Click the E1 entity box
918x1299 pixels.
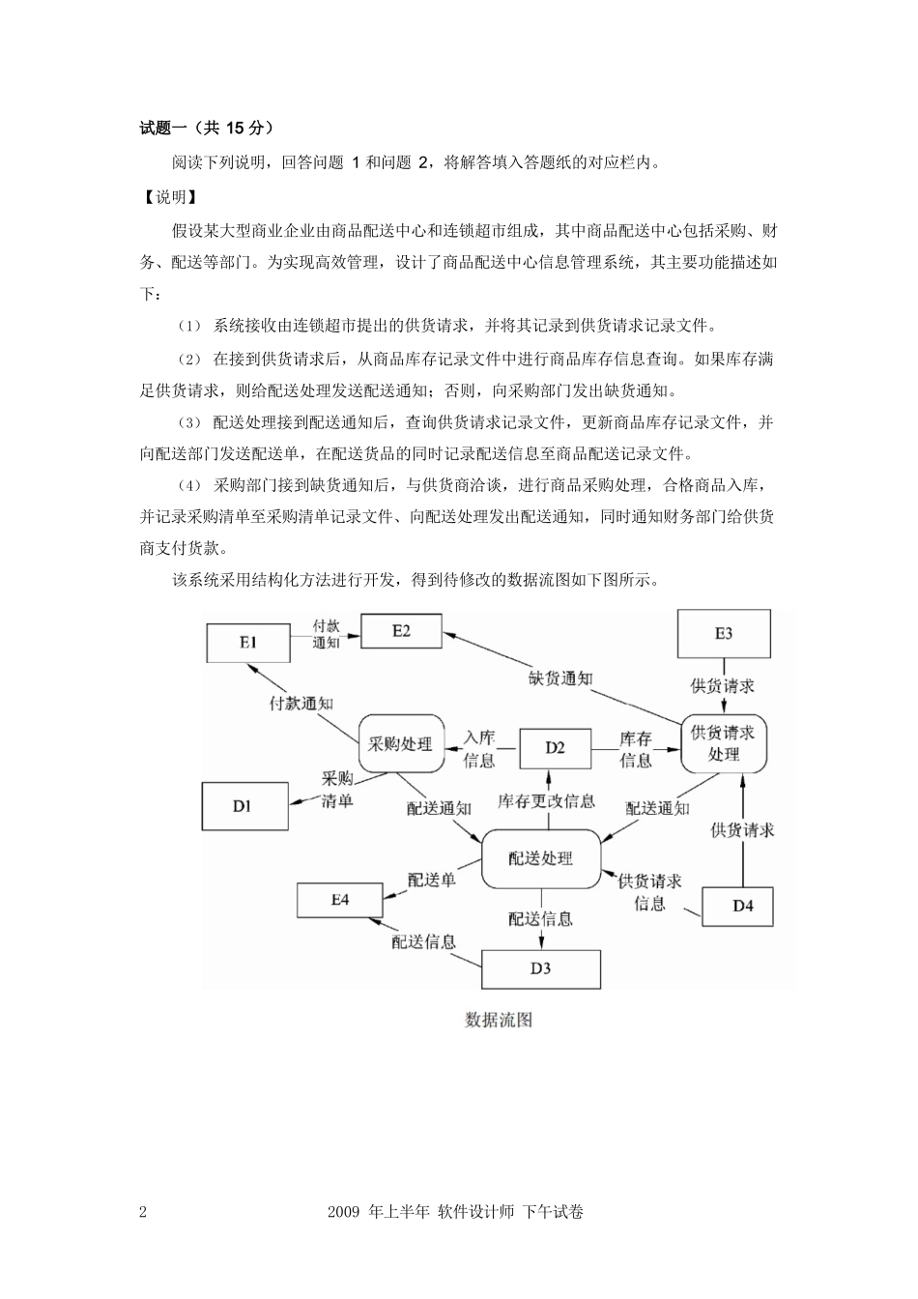click(247, 643)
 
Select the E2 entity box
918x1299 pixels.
click(401, 631)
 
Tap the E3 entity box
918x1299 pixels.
click(724, 634)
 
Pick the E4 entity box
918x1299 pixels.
click(339, 900)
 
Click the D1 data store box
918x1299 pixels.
click(243, 806)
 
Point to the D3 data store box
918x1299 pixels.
click(540, 967)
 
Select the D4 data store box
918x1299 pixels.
click(741, 906)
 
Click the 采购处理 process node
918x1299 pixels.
click(401, 744)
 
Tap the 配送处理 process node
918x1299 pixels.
click(540, 858)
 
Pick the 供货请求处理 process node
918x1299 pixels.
click(723, 743)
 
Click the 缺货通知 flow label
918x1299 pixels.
click(560, 678)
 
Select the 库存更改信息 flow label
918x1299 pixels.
click(546, 801)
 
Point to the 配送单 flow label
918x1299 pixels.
click(431, 880)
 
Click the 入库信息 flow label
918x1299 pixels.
click(479, 749)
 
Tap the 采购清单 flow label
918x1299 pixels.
click(337, 790)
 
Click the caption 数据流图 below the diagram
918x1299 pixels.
click(499, 1020)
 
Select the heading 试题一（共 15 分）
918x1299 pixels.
click(207, 127)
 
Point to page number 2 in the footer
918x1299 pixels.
click(143, 1212)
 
